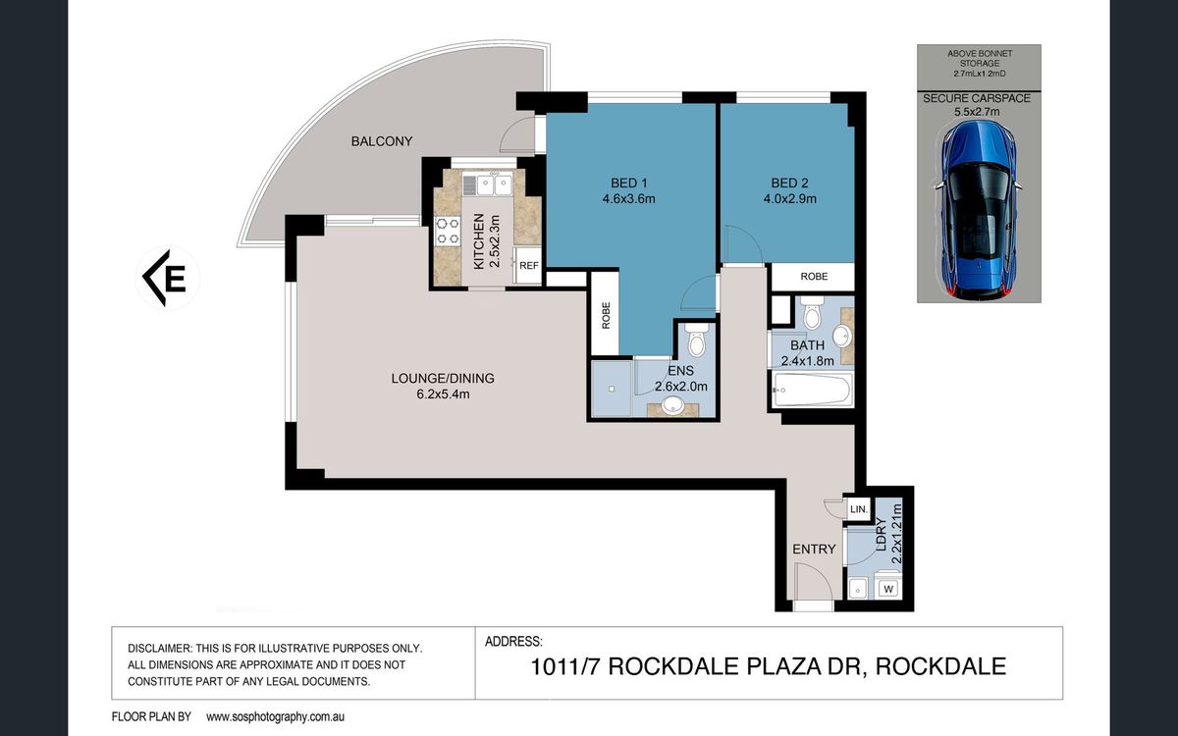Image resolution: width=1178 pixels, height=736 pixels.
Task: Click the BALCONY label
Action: click(382, 141)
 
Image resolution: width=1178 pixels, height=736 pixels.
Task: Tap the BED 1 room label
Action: click(629, 183)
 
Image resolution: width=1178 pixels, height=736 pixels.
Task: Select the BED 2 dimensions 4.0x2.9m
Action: click(790, 198)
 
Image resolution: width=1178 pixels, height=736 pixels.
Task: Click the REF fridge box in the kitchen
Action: click(528, 266)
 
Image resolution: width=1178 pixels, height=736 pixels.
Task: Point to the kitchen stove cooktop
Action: click(448, 232)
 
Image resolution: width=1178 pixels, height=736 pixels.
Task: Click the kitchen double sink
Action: click(488, 184)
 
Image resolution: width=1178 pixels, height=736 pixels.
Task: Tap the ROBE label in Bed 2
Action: click(814, 277)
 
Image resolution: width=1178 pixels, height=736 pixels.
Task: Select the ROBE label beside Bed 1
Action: click(606, 315)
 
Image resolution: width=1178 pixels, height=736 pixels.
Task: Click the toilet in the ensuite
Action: click(697, 340)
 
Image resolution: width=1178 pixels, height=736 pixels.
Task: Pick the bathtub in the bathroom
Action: click(813, 390)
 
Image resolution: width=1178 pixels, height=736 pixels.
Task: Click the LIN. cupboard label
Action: click(859, 509)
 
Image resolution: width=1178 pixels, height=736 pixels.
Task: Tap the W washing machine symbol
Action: click(888, 589)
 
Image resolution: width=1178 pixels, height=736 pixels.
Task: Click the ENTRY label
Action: click(814, 549)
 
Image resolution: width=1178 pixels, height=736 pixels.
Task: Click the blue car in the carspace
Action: click(979, 210)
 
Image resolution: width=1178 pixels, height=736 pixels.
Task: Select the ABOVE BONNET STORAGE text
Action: click(980, 58)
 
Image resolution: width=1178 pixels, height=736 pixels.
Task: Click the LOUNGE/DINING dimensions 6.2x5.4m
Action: click(443, 394)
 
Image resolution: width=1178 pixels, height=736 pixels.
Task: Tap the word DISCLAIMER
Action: click(159, 649)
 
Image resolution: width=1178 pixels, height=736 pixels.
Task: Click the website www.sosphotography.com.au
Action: click(275, 716)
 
